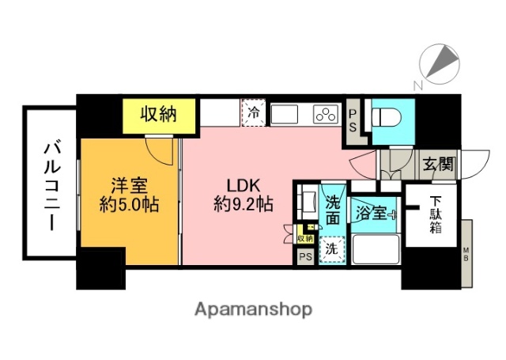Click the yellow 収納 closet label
pos(158,115)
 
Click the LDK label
pos(240,186)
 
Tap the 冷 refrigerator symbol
pos(253,113)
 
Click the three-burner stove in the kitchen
pos(324,115)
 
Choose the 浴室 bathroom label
pos(372,213)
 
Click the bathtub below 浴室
pos(374,251)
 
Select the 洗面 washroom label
pos(334,207)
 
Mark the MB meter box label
pos(466,255)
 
